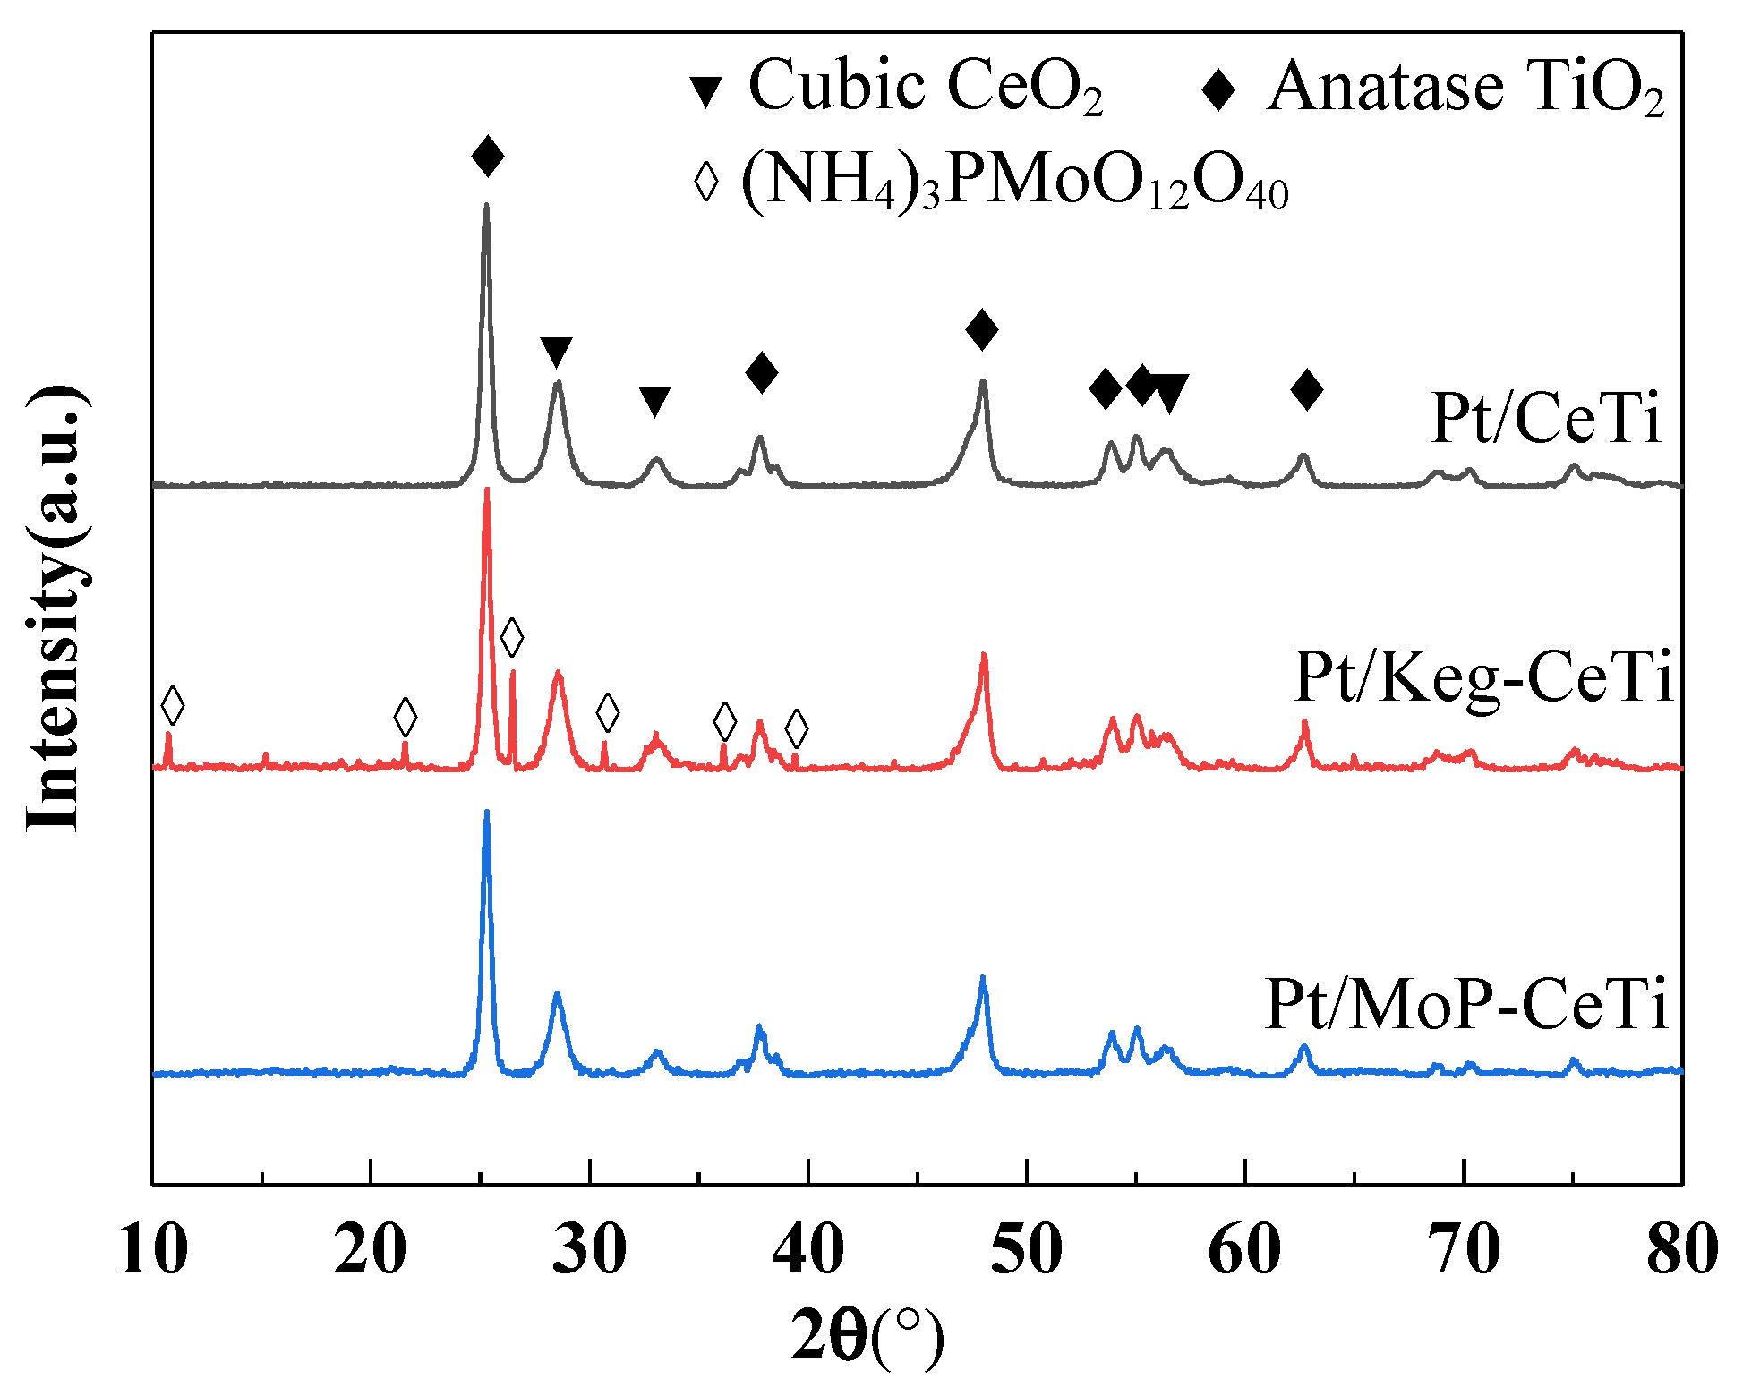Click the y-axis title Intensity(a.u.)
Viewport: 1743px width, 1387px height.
[x=56, y=608]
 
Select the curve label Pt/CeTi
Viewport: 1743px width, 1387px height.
[x=1546, y=418]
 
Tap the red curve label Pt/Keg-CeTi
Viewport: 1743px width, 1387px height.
[x=1483, y=677]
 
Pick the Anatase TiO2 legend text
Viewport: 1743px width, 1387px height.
[x=1465, y=88]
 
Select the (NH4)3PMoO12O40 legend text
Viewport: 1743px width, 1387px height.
[x=1015, y=183]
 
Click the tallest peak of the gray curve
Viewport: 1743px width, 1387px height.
[x=486, y=206]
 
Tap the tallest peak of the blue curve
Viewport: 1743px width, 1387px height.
[x=486, y=813]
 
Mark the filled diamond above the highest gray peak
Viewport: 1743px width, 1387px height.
[x=488, y=157]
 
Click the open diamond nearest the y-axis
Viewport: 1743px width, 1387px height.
[x=173, y=706]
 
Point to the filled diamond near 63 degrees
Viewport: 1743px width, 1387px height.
[x=1307, y=389]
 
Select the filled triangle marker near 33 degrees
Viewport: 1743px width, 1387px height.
[x=654, y=401]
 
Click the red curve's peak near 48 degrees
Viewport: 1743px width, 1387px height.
[x=984, y=655]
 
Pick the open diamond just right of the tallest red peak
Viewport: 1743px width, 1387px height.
[x=512, y=637]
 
